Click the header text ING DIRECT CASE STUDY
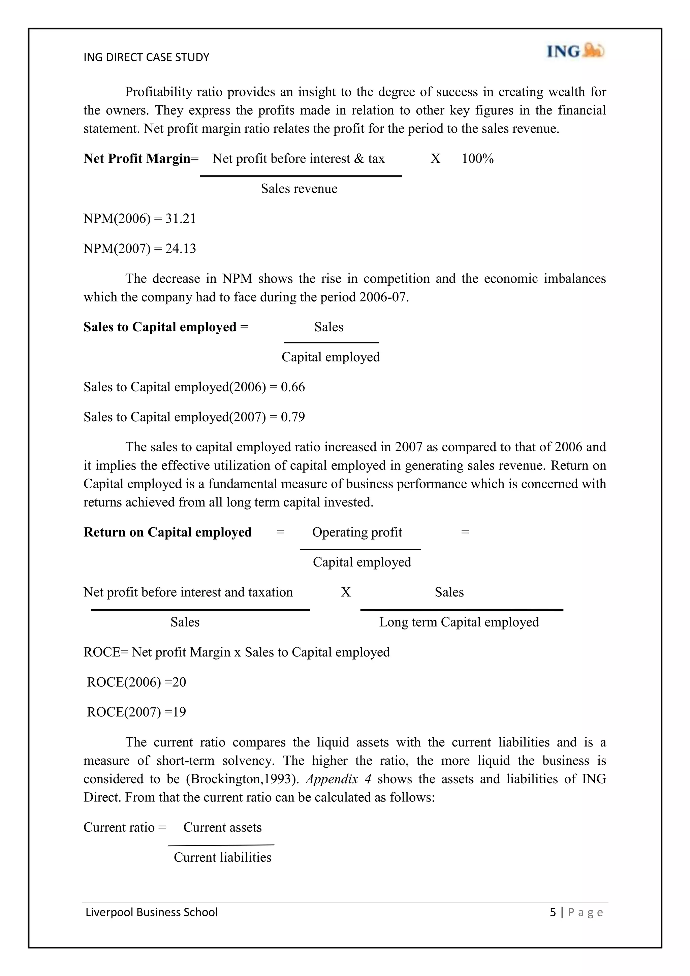point(146,57)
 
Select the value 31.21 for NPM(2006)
point(181,218)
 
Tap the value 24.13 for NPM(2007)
point(181,249)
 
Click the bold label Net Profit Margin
point(137,158)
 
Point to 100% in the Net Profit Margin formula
point(477,158)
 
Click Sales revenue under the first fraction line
point(299,189)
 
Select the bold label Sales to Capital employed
point(160,327)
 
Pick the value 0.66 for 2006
point(293,387)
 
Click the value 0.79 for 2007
point(293,417)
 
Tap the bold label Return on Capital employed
point(167,532)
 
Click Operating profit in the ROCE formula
point(357,532)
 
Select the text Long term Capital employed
point(459,622)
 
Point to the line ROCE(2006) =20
point(136,682)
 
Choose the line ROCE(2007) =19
point(136,712)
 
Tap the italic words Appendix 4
point(339,779)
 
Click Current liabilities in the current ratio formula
point(222,857)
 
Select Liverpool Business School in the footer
point(152,913)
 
